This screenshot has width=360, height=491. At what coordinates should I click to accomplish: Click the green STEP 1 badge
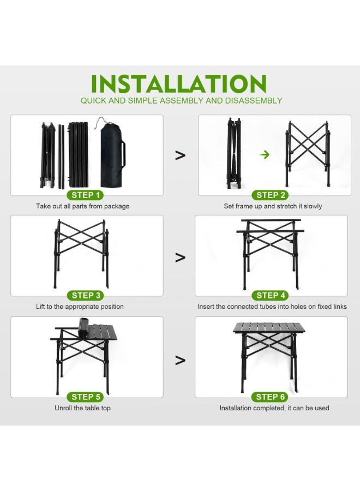point(86,195)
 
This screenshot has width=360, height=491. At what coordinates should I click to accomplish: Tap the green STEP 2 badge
point(271,195)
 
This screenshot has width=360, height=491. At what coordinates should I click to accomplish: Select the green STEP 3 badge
point(86,296)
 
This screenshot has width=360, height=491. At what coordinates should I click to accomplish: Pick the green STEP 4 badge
point(271,296)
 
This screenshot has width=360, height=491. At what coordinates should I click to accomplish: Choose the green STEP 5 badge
point(86,397)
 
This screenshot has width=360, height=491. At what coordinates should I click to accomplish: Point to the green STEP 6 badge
point(271,397)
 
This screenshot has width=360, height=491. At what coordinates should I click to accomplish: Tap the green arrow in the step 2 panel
point(265,155)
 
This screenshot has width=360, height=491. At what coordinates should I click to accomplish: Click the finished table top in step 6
point(269,328)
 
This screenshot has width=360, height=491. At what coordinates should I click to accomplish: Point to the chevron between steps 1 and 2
point(180,155)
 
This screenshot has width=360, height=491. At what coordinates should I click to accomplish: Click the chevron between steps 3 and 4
point(180,256)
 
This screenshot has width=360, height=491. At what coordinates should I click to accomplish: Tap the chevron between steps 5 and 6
point(180,360)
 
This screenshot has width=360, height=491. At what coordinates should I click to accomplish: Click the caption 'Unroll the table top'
point(82,408)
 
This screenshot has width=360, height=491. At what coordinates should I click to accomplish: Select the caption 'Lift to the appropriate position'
point(80,307)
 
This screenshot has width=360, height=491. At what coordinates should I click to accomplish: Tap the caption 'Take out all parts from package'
point(83,206)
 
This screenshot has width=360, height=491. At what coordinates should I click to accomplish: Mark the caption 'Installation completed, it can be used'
point(274,408)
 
